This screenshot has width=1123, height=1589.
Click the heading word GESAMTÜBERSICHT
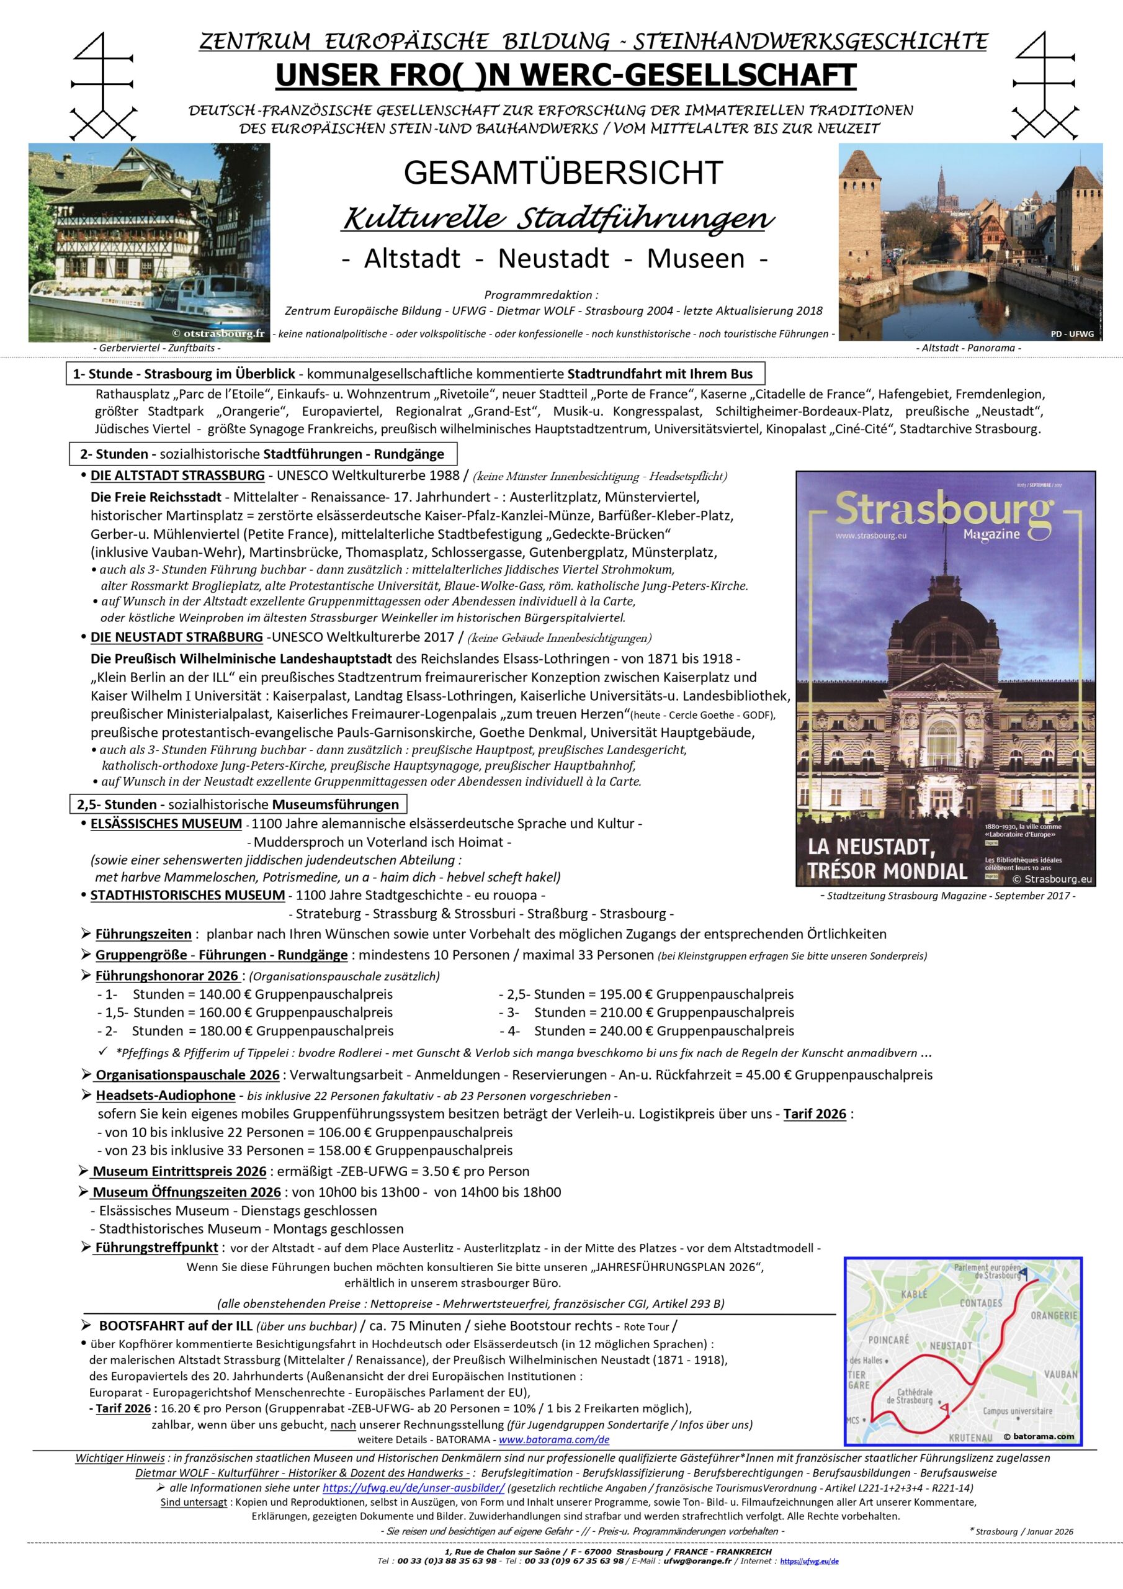coord(563,173)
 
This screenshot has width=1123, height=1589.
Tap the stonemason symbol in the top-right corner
coord(1045,87)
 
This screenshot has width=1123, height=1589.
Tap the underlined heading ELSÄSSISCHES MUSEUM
coord(166,824)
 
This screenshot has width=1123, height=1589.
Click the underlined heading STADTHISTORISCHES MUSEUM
coord(187,895)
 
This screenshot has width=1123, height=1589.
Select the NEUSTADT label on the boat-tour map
coord(950,1346)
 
